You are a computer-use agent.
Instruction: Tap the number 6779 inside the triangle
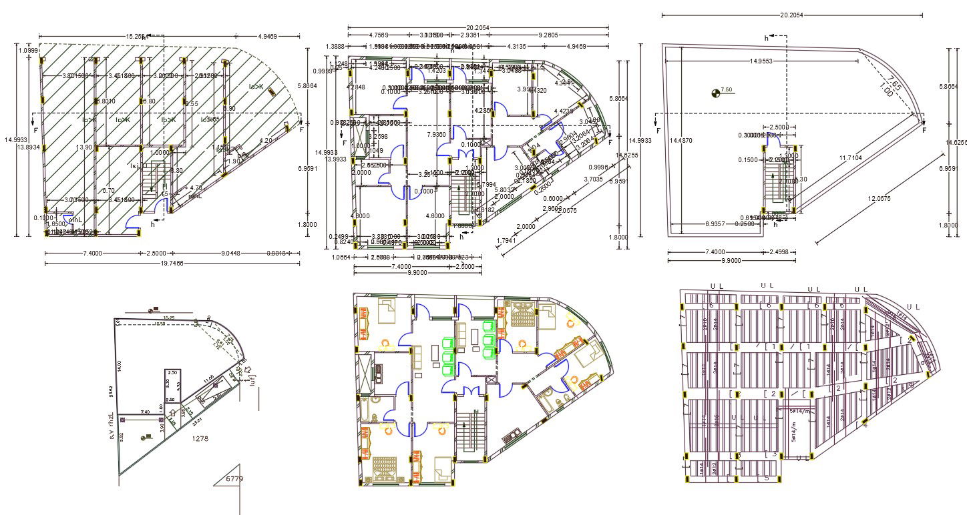click(234, 479)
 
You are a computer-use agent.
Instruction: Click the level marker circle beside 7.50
click(717, 92)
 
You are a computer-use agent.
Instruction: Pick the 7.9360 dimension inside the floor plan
click(436, 134)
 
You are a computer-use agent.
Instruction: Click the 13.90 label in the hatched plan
click(84, 147)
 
